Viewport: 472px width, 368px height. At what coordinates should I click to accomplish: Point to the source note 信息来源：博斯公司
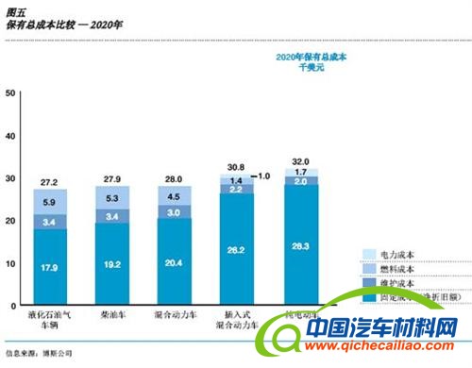point(39,353)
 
